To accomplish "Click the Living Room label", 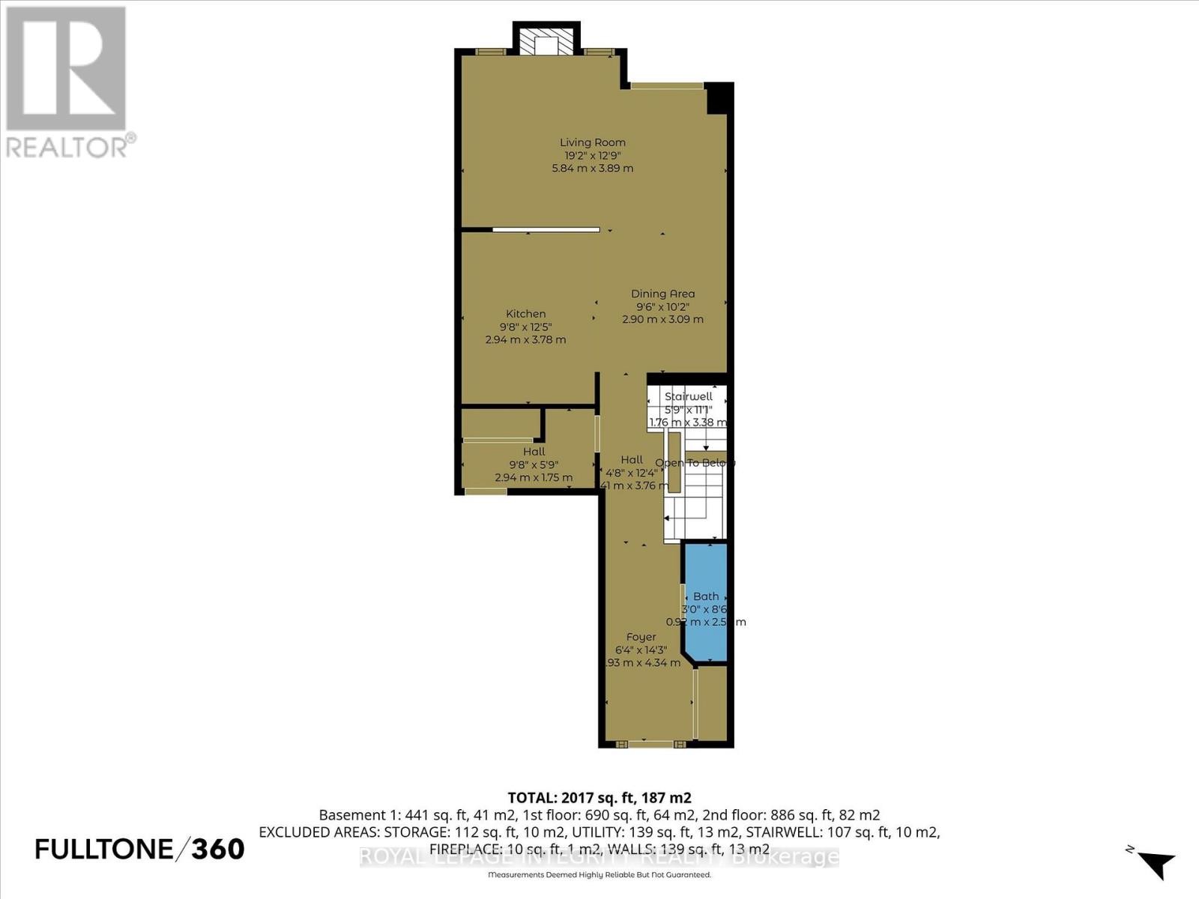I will coord(593,142).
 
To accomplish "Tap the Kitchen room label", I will coord(525,314).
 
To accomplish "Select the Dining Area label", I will coord(662,294).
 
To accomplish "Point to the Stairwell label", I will coord(689,396).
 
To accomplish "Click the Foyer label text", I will coord(641,637).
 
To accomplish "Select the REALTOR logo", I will coord(67,82).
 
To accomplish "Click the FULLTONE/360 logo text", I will coord(140,849).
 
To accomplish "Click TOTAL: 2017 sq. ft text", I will coord(599,797).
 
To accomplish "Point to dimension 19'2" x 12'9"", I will coord(593,156).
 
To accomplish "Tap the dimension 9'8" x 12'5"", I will coord(525,327).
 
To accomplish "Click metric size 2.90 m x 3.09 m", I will coord(662,319).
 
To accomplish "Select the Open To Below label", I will coord(695,463).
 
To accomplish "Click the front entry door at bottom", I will coord(650,744).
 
